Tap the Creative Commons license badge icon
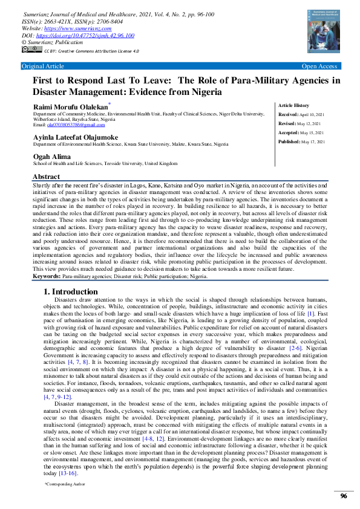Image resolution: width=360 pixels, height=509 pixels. [31, 51]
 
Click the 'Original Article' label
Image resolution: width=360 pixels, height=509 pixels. [42, 66]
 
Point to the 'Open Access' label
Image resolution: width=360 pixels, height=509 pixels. [319, 66]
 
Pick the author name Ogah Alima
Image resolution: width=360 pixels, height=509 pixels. [53, 156]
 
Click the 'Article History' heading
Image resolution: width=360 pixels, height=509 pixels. [293, 105]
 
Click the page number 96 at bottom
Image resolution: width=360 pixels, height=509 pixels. [343, 496]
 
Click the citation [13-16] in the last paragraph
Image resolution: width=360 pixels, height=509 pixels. [70, 473]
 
